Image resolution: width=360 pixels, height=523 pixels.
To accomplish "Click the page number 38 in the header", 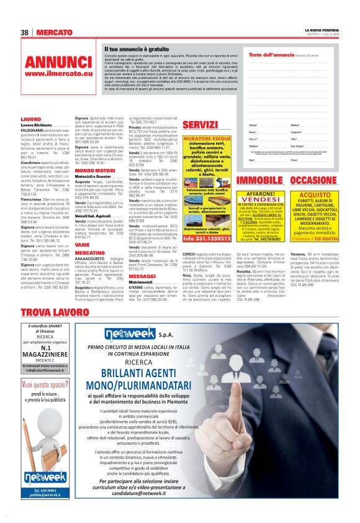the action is [25, 32].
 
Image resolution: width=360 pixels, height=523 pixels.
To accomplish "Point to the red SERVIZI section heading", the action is [198, 125].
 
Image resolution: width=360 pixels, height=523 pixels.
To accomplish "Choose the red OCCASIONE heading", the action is [313, 180].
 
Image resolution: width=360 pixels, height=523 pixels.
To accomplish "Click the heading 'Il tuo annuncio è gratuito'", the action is [136, 48].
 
